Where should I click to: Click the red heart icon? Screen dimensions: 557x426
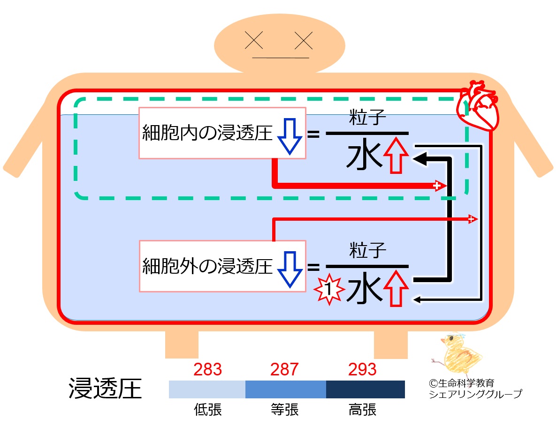(x=478, y=106)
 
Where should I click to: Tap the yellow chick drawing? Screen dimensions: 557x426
(x=457, y=355)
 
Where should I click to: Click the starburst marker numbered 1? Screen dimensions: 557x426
(x=329, y=289)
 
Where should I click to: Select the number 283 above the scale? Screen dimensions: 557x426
(x=207, y=369)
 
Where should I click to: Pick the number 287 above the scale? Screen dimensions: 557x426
(x=284, y=369)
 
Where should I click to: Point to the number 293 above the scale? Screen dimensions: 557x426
(x=362, y=369)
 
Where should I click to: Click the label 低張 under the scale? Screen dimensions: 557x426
(x=208, y=410)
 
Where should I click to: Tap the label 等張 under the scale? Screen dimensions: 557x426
(x=284, y=410)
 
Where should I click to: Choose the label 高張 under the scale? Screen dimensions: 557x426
(x=362, y=410)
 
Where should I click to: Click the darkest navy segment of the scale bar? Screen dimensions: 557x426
(x=366, y=389)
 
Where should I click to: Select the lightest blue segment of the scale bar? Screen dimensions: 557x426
(x=207, y=389)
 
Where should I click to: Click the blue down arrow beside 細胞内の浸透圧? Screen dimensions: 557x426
(x=290, y=136)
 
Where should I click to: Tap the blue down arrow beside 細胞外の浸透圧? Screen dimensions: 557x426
(x=290, y=269)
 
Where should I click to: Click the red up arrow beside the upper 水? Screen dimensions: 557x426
(x=396, y=156)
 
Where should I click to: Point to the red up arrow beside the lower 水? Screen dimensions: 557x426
(x=396, y=288)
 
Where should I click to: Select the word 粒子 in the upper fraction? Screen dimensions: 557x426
(x=367, y=118)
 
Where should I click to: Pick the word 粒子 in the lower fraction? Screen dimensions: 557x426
(x=367, y=250)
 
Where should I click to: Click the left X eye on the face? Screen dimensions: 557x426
(x=254, y=40)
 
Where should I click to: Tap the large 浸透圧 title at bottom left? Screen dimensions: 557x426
(x=105, y=389)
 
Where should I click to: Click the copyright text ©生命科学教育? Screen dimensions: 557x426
(x=461, y=383)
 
